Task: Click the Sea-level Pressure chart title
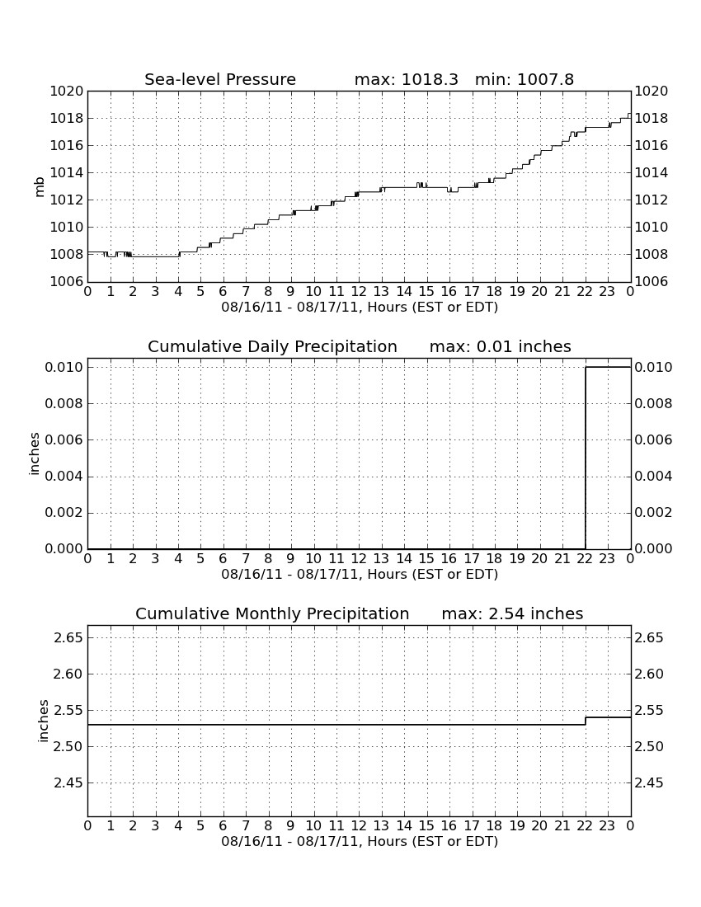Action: click(x=220, y=79)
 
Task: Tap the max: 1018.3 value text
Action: click(x=406, y=79)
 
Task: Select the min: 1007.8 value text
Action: click(x=524, y=79)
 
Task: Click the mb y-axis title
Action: click(x=40, y=187)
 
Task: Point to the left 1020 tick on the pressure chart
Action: click(x=67, y=92)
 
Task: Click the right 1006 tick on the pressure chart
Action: click(x=652, y=282)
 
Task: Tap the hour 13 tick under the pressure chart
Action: click(x=381, y=291)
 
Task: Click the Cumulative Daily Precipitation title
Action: click(x=272, y=346)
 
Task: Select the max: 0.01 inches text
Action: click(x=501, y=346)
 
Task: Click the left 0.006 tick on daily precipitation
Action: click(x=64, y=439)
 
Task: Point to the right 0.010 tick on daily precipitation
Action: click(x=653, y=367)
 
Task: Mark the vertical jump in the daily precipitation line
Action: click(x=586, y=458)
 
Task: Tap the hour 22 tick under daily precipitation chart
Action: click(x=584, y=558)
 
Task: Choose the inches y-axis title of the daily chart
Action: click(x=35, y=454)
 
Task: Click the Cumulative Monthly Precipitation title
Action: click(x=272, y=613)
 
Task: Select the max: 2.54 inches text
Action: click(x=512, y=613)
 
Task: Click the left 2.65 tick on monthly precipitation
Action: click(x=68, y=638)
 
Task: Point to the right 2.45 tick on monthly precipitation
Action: click(x=650, y=783)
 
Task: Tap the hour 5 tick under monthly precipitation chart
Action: click(x=200, y=825)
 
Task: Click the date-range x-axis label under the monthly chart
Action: click(x=360, y=841)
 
